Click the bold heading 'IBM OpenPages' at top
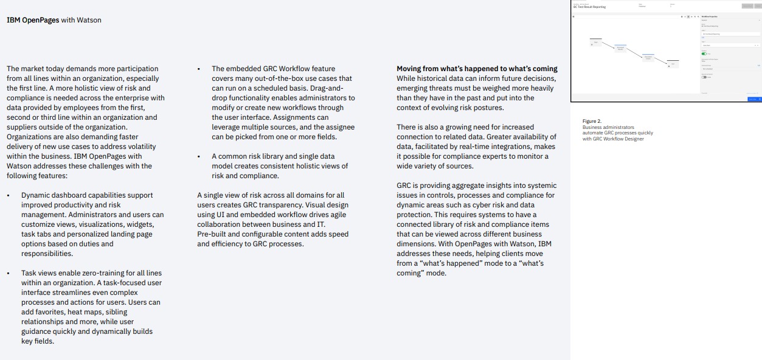[33, 20]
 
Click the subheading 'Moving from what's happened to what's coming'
[477, 69]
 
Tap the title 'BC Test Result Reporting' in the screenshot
[589, 7]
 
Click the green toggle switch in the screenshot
[704, 54]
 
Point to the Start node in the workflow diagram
[596, 42]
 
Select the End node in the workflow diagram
[672, 63]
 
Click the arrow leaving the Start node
[608, 44]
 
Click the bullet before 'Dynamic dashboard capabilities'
[8, 195]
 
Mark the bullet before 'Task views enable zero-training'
[8, 273]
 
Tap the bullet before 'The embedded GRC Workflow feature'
[198, 69]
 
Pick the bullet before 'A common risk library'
[198, 156]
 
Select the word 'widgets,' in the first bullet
[140, 224]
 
